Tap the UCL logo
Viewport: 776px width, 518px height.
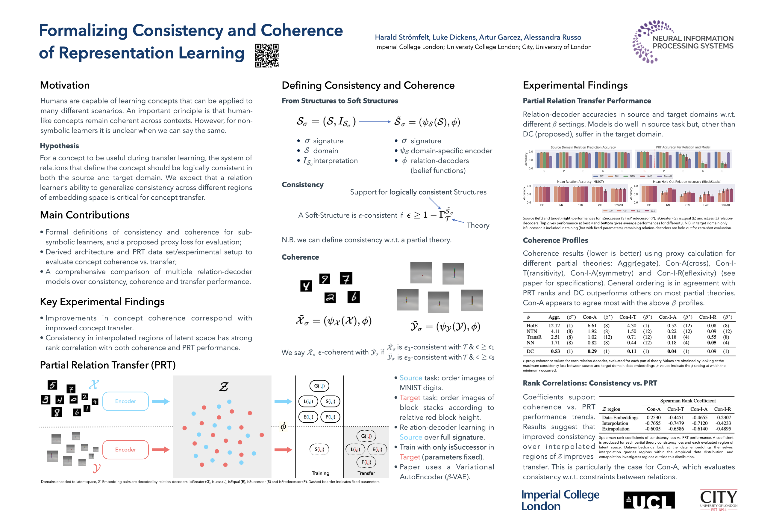pos(649,500)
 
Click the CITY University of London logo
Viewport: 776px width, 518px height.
pos(718,499)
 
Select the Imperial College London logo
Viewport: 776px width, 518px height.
pos(560,500)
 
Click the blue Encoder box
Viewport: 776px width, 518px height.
pos(125,401)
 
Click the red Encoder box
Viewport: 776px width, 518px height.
pos(125,450)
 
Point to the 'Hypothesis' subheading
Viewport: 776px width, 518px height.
pos(59,146)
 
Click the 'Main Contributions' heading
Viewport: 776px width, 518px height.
pos(85,215)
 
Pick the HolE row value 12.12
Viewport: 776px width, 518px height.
pos(554,326)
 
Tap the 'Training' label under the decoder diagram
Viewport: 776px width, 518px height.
pos(320,473)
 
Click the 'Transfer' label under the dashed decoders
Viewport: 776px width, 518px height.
pos(366,473)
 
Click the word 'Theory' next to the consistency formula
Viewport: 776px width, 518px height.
pos(478,225)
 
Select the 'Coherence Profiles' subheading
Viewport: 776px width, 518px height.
pos(555,240)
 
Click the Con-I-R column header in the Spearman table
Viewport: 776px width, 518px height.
pos(722,409)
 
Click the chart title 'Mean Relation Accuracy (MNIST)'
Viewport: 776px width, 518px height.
pos(580,182)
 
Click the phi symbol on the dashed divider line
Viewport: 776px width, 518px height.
pos(283,427)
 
